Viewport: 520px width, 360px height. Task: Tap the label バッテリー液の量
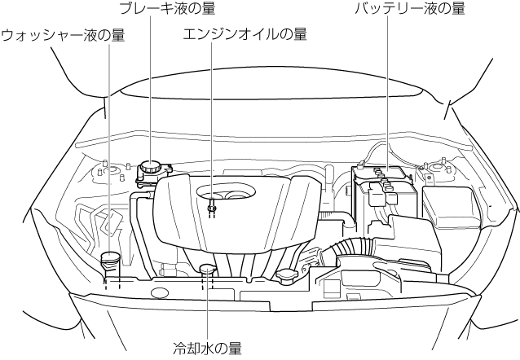click(x=409, y=9)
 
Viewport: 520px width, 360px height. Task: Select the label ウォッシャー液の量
click(x=63, y=36)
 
